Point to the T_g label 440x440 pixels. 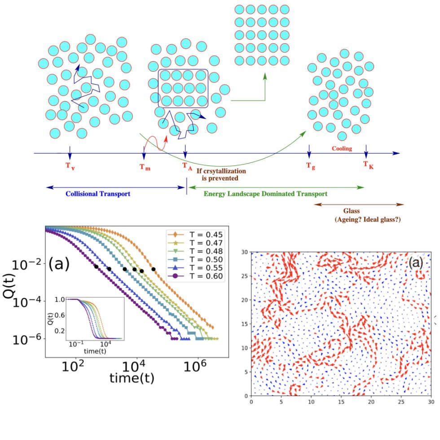point(310,166)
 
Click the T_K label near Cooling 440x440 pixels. point(368,166)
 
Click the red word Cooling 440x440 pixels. point(342,149)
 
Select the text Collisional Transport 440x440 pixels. point(97,194)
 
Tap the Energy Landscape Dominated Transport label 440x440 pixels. point(265,194)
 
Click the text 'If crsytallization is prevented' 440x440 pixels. point(218,174)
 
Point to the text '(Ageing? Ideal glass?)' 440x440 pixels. point(367,219)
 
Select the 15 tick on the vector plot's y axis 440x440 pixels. point(245,323)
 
